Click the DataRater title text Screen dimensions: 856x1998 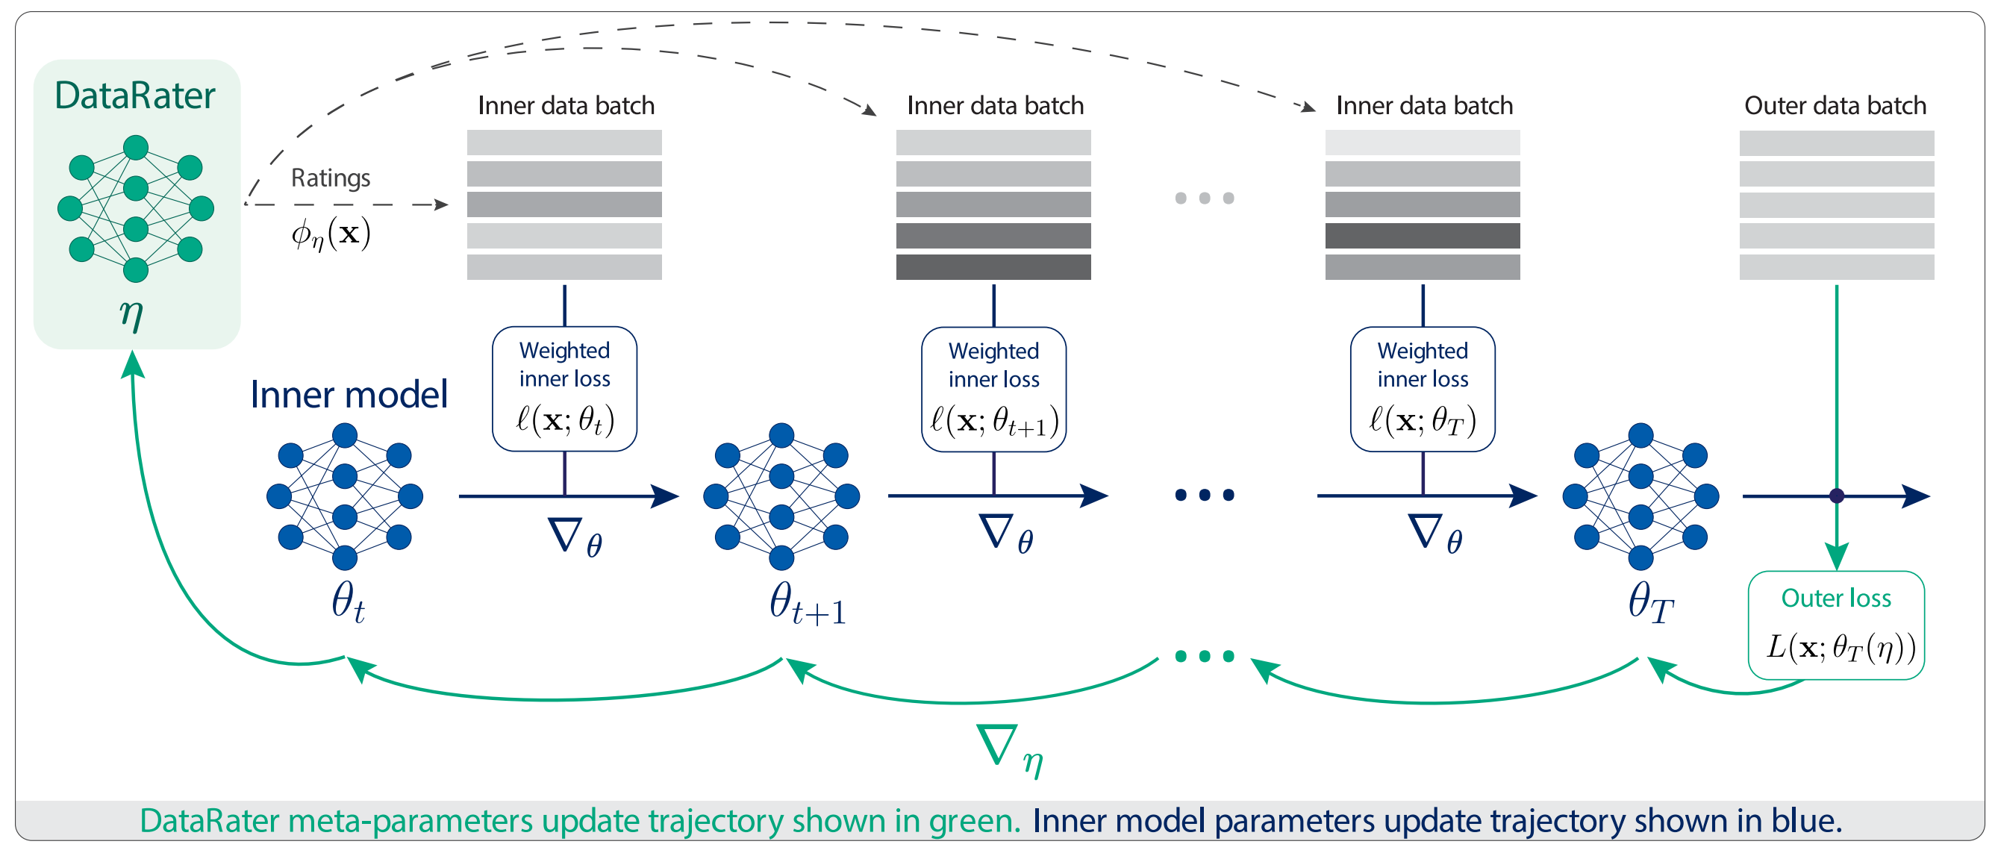(134, 96)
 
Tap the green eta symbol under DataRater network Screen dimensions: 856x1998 (131, 315)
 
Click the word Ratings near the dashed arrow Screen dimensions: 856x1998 (331, 178)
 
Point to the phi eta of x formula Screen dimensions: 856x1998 (331, 234)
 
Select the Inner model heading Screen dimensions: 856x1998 (349, 395)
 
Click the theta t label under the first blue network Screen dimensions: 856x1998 (348, 602)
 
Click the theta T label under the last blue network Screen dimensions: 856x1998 (1649, 602)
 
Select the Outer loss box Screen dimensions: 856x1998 (1835, 625)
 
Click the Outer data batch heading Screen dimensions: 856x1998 (1835, 105)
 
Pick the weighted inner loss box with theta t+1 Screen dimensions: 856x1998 (993, 390)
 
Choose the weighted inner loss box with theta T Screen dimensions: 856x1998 (1422, 390)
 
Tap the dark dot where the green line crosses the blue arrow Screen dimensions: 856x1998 (1836, 496)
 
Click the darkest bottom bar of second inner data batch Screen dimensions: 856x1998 (993, 266)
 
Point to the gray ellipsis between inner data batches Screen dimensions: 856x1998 (1204, 199)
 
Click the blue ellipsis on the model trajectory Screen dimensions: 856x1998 (1204, 495)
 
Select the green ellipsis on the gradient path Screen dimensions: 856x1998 (1204, 657)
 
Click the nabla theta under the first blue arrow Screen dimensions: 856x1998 (575, 537)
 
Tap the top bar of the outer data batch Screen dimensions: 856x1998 (1836, 143)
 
